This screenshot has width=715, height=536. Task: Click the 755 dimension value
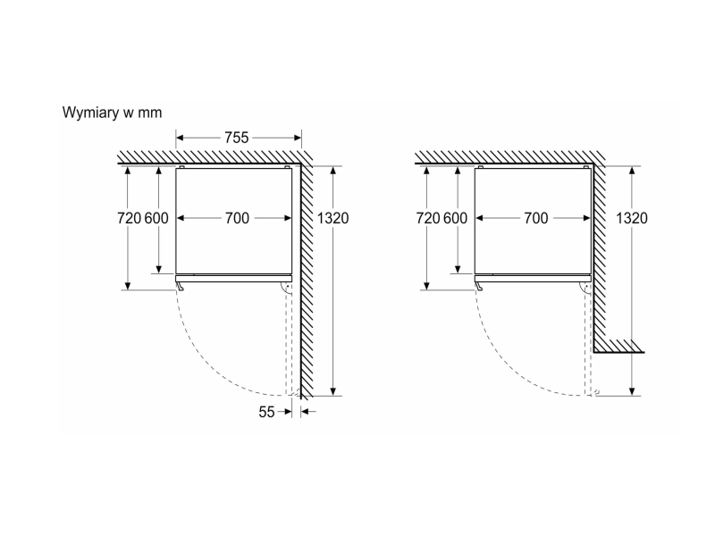(x=236, y=138)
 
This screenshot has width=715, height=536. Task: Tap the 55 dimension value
(x=266, y=412)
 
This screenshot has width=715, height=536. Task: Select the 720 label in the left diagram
(x=129, y=218)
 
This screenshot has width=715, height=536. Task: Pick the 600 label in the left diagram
(x=157, y=218)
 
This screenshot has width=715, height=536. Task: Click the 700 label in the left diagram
(x=237, y=218)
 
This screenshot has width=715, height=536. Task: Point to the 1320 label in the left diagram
(x=332, y=218)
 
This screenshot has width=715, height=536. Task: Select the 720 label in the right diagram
(x=428, y=218)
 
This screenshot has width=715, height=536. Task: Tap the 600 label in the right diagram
(x=456, y=218)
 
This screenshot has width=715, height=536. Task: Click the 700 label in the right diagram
(x=535, y=218)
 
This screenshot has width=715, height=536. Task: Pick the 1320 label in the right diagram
(x=632, y=218)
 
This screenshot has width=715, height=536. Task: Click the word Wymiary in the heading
(x=91, y=113)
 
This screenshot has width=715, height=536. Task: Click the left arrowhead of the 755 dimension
(x=180, y=138)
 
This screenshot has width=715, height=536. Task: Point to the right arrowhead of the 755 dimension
(x=298, y=138)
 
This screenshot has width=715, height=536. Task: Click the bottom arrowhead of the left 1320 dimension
(x=333, y=391)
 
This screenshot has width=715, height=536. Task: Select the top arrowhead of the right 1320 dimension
(x=632, y=171)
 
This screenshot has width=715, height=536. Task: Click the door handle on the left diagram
(x=180, y=286)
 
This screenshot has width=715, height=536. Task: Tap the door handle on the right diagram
(x=479, y=286)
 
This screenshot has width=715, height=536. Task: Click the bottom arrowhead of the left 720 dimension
(x=128, y=286)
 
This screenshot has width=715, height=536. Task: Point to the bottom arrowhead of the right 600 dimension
(x=458, y=270)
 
